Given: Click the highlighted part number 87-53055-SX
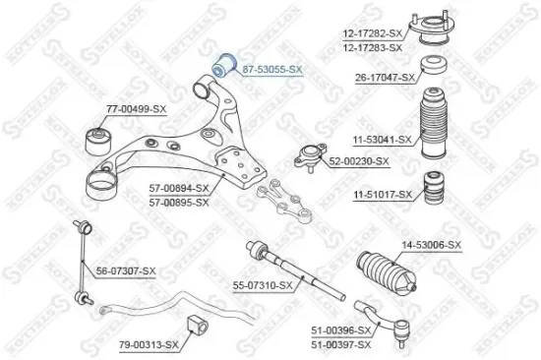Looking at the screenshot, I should point(272,70).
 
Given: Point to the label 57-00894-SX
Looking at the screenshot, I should point(179,188).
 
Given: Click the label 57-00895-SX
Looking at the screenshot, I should point(179,202).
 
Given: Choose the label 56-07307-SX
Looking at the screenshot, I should point(126,270).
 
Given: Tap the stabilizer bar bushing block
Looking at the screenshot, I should point(196,327).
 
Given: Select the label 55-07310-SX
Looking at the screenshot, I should point(263,285).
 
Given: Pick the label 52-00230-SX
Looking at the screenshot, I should point(359,161).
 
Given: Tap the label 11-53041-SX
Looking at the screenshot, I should point(382,139).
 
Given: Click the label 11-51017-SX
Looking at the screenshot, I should point(383,194).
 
